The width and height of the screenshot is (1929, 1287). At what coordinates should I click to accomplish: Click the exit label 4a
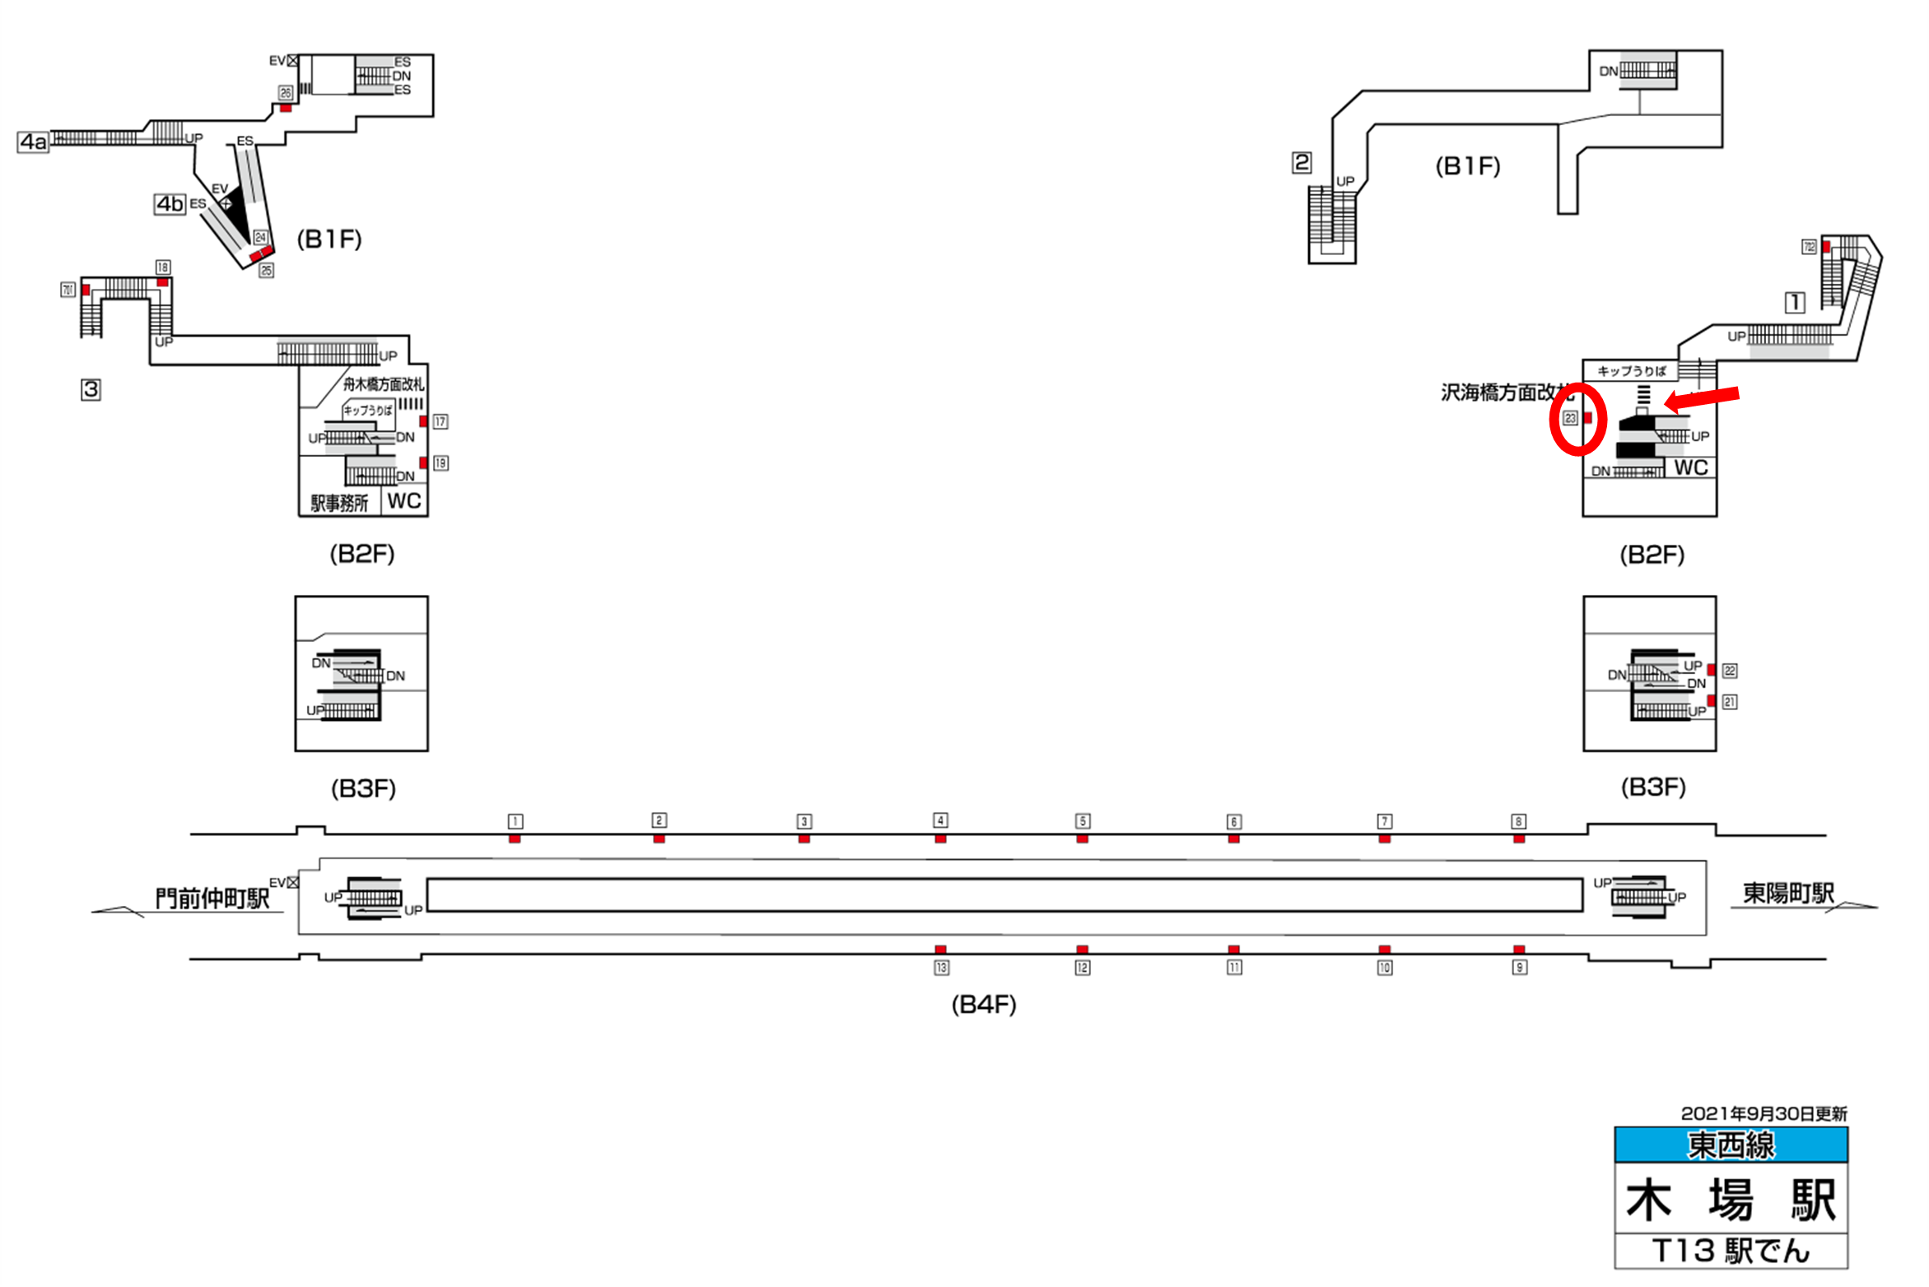(x=33, y=142)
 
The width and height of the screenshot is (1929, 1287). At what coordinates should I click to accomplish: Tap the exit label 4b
(x=170, y=203)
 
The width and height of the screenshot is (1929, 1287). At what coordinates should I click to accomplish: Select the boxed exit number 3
(x=91, y=389)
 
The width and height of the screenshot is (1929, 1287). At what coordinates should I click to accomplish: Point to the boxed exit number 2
(x=1301, y=162)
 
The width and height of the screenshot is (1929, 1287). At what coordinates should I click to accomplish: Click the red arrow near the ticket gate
(x=1702, y=399)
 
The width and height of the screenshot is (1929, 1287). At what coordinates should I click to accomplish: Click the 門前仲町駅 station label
(x=212, y=898)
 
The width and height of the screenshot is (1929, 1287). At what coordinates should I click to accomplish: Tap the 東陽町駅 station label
(x=1788, y=893)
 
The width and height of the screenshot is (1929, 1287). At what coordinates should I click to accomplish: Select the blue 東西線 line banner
(x=1731, y=1145)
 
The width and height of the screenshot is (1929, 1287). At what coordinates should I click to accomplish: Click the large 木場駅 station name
(x=1731, y=1199)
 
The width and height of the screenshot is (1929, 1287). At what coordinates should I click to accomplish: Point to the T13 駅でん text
(x=1731, y=1251)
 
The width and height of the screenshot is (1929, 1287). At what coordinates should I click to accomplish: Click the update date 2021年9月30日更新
(x=1764, y=1113)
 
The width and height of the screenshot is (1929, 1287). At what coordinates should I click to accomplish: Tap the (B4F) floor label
(x=983, y=1004)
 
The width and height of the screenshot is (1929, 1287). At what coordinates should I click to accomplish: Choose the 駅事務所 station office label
(x=339, y=503)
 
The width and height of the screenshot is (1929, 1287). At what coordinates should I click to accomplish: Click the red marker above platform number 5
(x=1082, y=839)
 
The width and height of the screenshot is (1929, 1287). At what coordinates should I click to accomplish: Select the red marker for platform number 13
(x=940, y=950)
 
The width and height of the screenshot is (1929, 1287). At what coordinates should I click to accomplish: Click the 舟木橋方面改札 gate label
(x=384, y=384)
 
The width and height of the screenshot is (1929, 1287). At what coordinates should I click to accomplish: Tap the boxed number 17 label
(x=440, y=421)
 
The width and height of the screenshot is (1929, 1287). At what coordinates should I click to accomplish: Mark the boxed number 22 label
(x=1730, y=671)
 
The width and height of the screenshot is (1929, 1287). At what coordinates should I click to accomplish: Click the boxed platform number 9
(x=1519, y=968)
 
